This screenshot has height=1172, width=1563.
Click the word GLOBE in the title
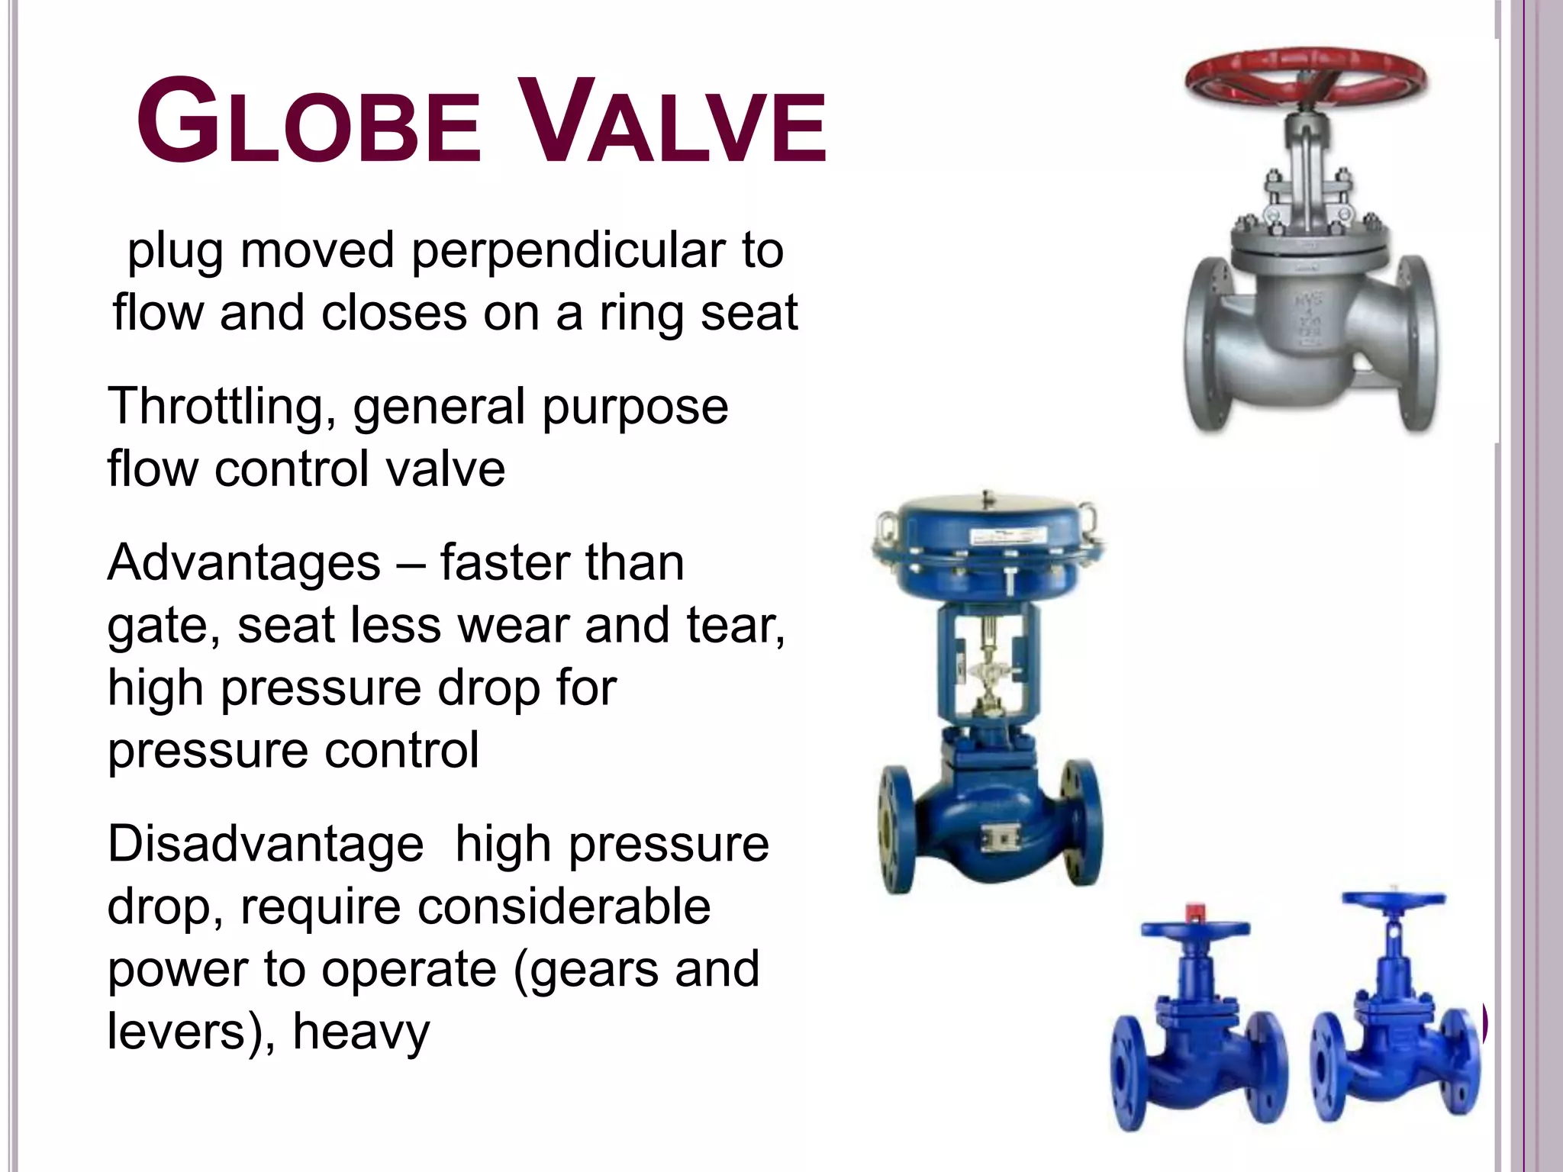tap(308, 122)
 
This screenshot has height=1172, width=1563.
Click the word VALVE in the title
tap(676, 122)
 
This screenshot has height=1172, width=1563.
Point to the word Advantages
tap(243, 563)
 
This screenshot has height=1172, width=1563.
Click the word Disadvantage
tap(265, 845)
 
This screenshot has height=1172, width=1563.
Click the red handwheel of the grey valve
tap(1306, 76)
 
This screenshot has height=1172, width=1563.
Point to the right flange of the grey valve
tap(1416, 343)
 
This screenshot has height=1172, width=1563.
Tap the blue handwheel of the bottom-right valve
tap(1394, 900)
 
